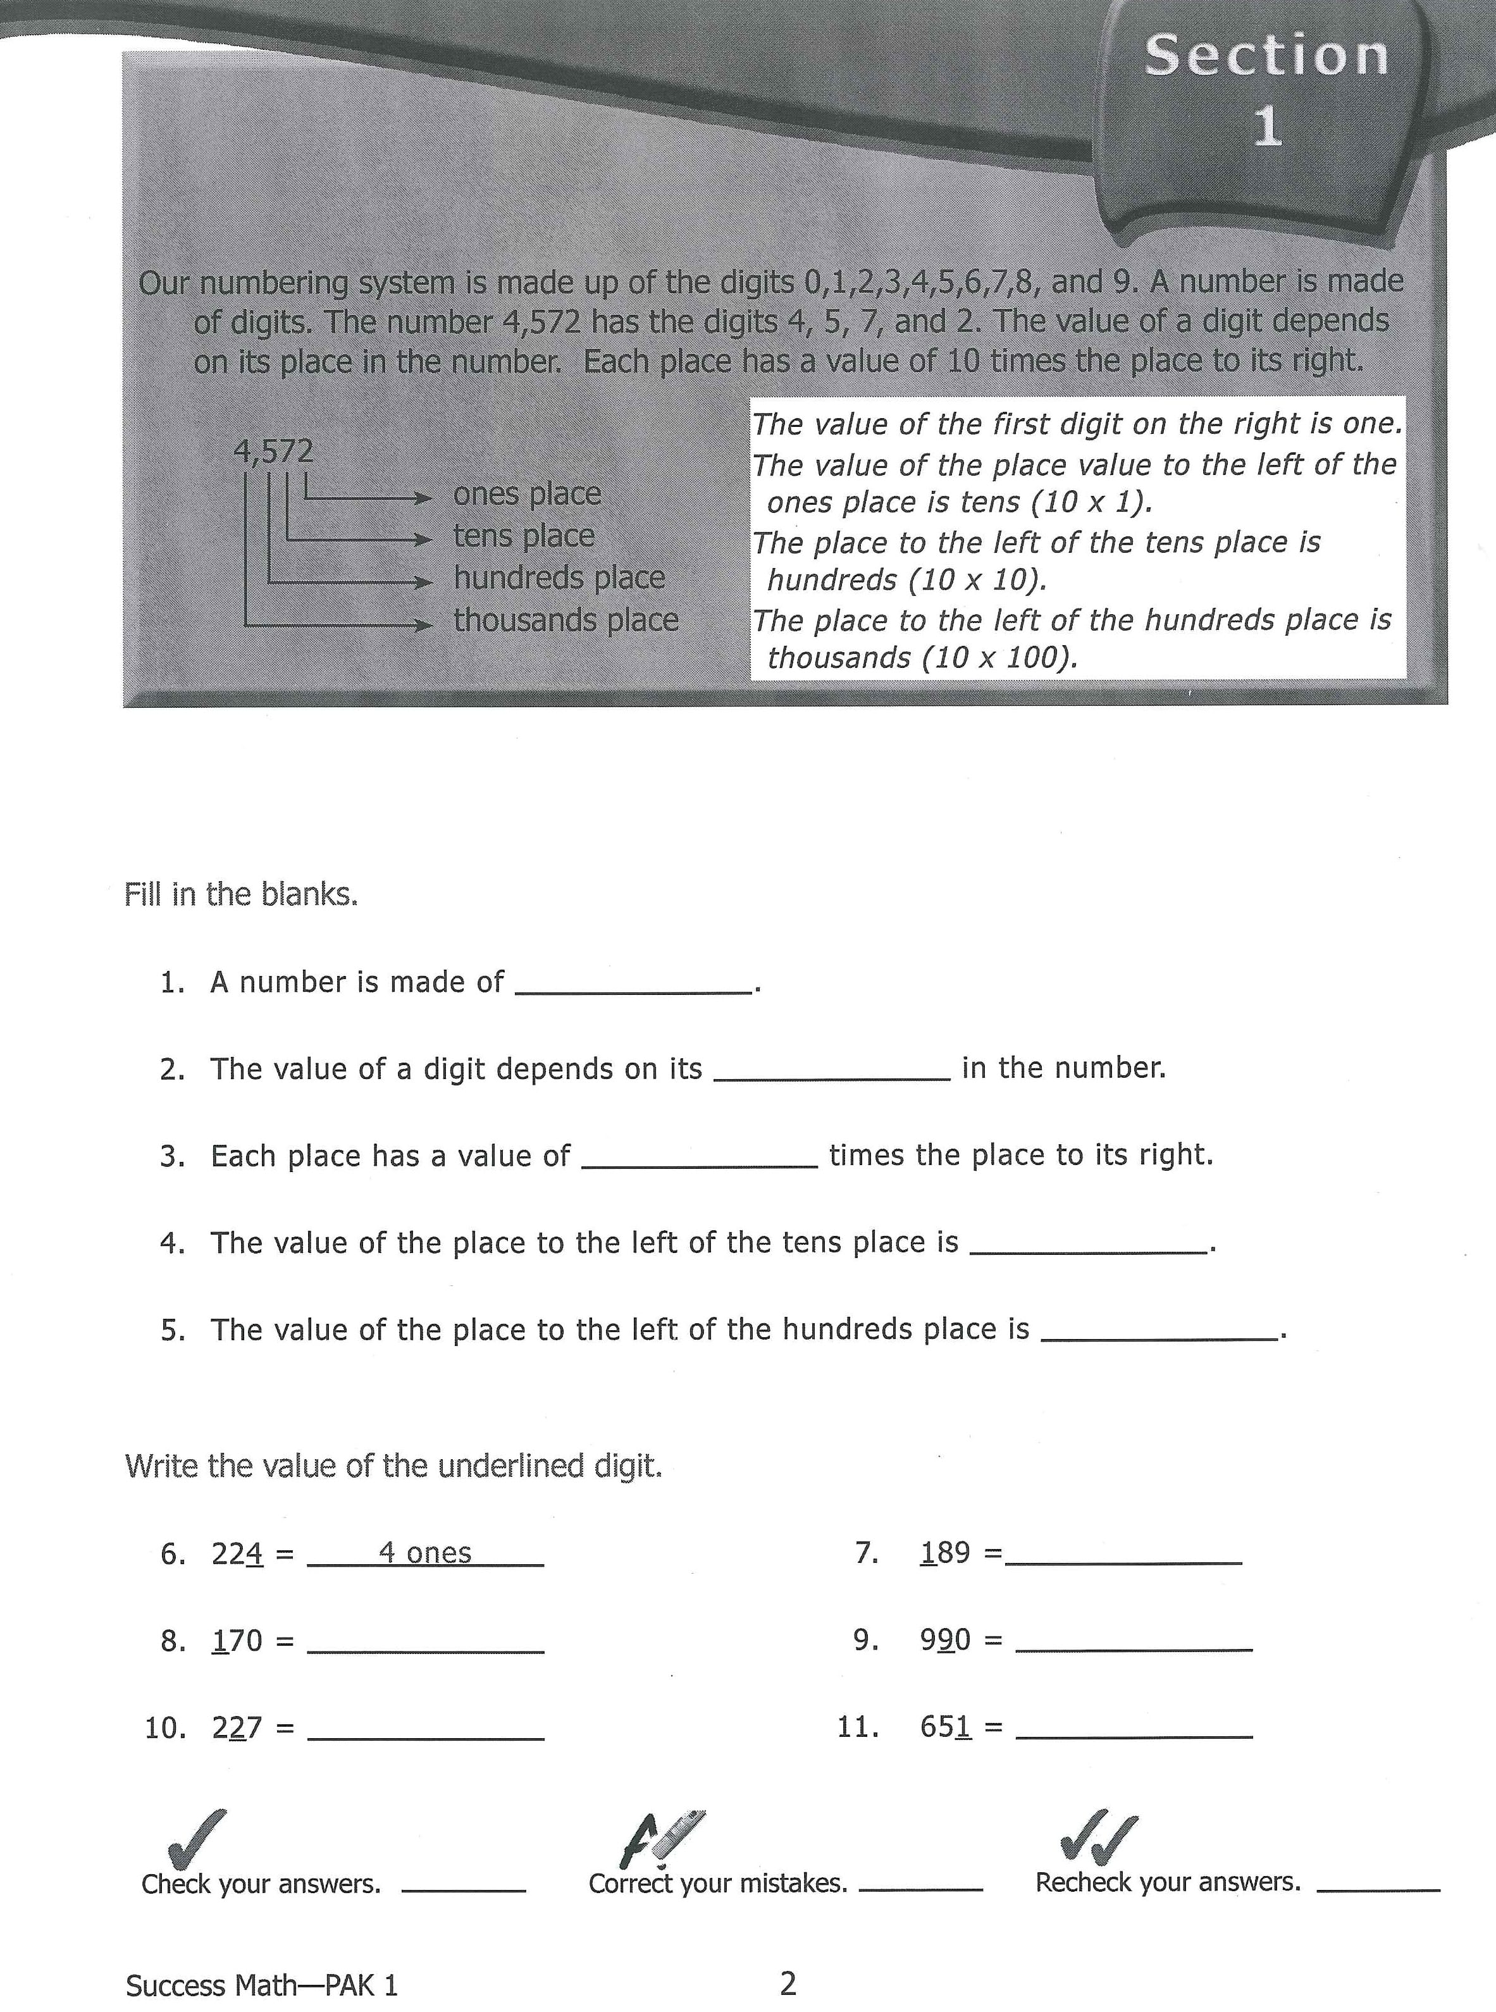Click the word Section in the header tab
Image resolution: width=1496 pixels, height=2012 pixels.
[1266, 56]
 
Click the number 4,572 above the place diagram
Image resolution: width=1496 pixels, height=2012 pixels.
[273, 451]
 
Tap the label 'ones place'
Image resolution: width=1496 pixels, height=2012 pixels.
[526, 493]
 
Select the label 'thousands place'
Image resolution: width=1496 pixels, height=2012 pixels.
[566, 620]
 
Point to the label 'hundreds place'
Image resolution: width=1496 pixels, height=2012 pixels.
[559, 577]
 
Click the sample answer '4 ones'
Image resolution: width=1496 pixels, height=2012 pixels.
[424, 1553]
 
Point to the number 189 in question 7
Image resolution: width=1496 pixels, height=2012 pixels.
[944, 1553]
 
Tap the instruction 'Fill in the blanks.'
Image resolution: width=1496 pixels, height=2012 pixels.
[241, 894]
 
